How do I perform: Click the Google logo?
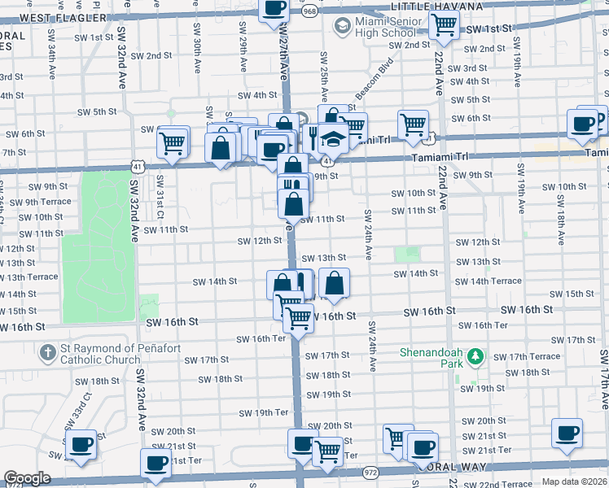point(26,478)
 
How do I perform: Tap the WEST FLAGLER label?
point(63,17)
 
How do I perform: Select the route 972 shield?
point(370,472)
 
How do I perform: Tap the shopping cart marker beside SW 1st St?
point(444,24)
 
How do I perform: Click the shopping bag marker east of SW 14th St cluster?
point(334,283)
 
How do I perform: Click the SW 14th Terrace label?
point(489,281)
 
